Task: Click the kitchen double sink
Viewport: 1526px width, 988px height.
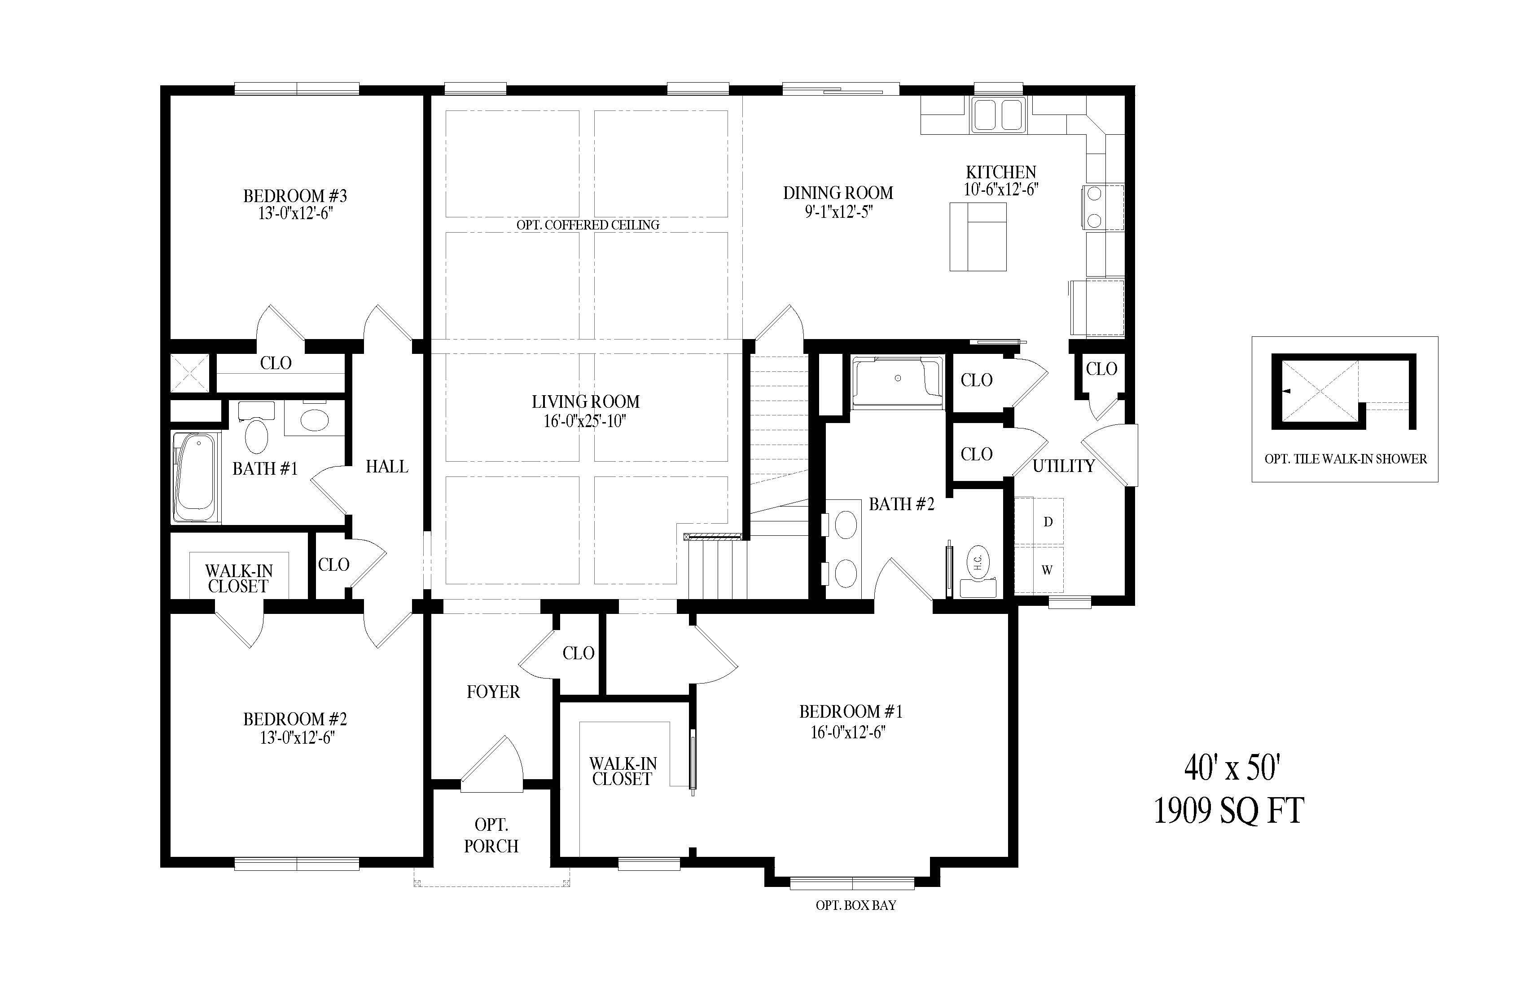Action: pyautogui.click(x=998, y=115)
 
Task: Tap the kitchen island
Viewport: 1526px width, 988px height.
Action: pyautogui.click(x=978, y=237)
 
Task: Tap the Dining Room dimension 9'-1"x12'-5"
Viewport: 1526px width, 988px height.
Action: pyautogui.click(x=839, y=212)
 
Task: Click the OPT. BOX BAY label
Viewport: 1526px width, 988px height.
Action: pyautogui.click(x=856, y=905)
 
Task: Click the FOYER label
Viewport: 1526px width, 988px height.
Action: pyautogui.click(x=493, y=692)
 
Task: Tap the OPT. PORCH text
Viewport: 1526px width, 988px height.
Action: pyautogui.click(x=491, y=835)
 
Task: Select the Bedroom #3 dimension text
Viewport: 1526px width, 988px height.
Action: pyautogui.click(x=296, y=214)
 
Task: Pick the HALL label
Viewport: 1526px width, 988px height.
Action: pyautogui.click(x=386, y=467)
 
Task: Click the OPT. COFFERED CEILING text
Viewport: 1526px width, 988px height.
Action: pyautogui.click(x=588, y=225)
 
